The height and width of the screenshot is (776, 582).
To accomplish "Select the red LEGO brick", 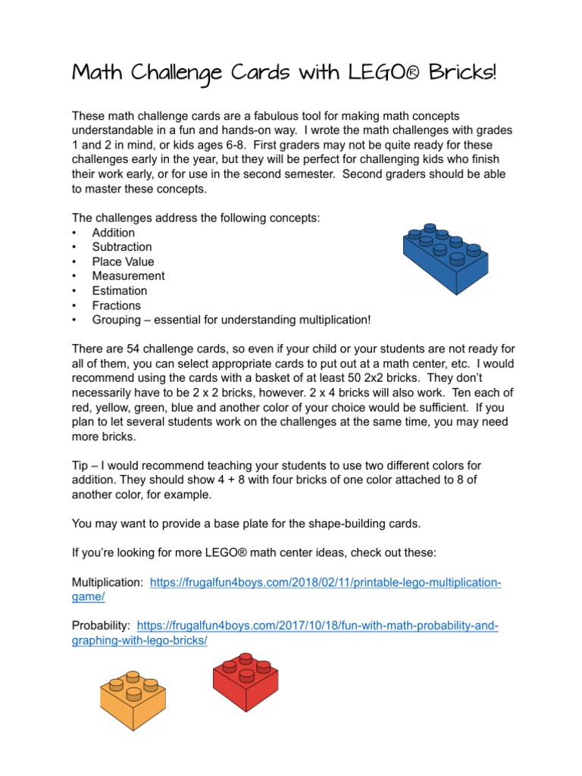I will [245, 680].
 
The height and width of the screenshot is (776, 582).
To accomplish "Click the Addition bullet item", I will [114, 233].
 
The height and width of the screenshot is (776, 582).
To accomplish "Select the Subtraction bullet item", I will [122, 247].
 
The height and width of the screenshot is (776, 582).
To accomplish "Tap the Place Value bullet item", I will [123, 261].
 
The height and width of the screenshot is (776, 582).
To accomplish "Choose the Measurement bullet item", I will [128, 276].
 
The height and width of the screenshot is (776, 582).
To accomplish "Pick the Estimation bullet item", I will [120, 291].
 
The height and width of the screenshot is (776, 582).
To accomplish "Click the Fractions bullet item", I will [117, 305].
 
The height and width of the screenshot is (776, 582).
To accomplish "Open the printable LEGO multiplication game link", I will [326, 583].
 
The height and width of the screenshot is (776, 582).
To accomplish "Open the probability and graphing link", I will [318, 626].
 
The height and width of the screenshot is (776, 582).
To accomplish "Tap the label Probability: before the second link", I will [101, 626].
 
